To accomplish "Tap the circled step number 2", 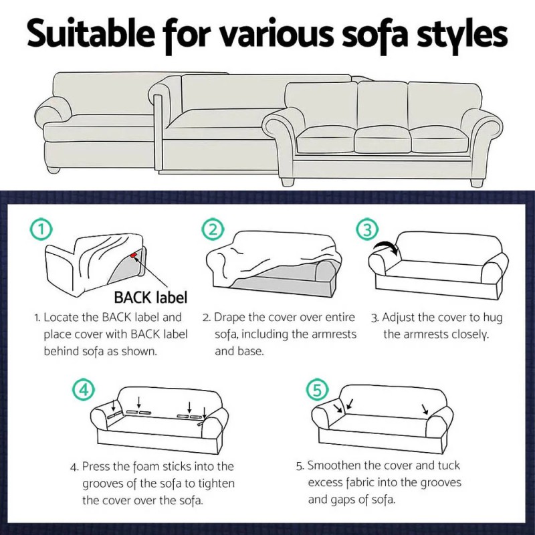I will [213, 231].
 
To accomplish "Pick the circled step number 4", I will [82, 389].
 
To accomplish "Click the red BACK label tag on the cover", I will [136, 255].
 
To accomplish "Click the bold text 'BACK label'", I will [150, 296].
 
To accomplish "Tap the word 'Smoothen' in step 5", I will [334, 466].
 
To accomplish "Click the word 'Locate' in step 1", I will [64, 317].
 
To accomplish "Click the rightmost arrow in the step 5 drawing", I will [424, 407].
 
